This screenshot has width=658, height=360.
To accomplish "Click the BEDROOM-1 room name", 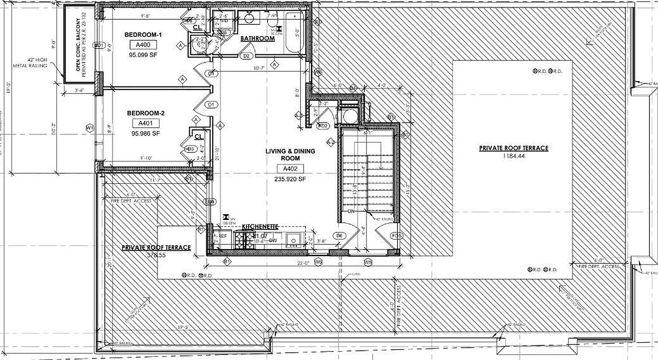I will click(x=143, y=35).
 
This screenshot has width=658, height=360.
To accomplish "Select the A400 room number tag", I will click(x=143, y=45).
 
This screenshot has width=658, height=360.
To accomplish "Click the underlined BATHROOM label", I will click(x=257, y=39).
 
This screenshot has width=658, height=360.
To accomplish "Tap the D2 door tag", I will click(x=246, y=56).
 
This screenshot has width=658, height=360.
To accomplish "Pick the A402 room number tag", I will click(x=291, y=169).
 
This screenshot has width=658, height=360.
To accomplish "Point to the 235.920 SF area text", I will click(x=291, y=179).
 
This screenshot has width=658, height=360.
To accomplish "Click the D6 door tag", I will click(x=340, y=235).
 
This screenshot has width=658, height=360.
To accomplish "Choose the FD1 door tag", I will click(x=395, y=235).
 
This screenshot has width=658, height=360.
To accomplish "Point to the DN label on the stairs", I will click(x=352, y=211).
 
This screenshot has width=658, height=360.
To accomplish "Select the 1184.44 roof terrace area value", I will click(x=513, y=156).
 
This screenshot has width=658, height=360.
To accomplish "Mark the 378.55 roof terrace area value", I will click(x=157, y=255).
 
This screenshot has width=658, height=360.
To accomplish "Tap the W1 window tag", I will click(x=90, y=127).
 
